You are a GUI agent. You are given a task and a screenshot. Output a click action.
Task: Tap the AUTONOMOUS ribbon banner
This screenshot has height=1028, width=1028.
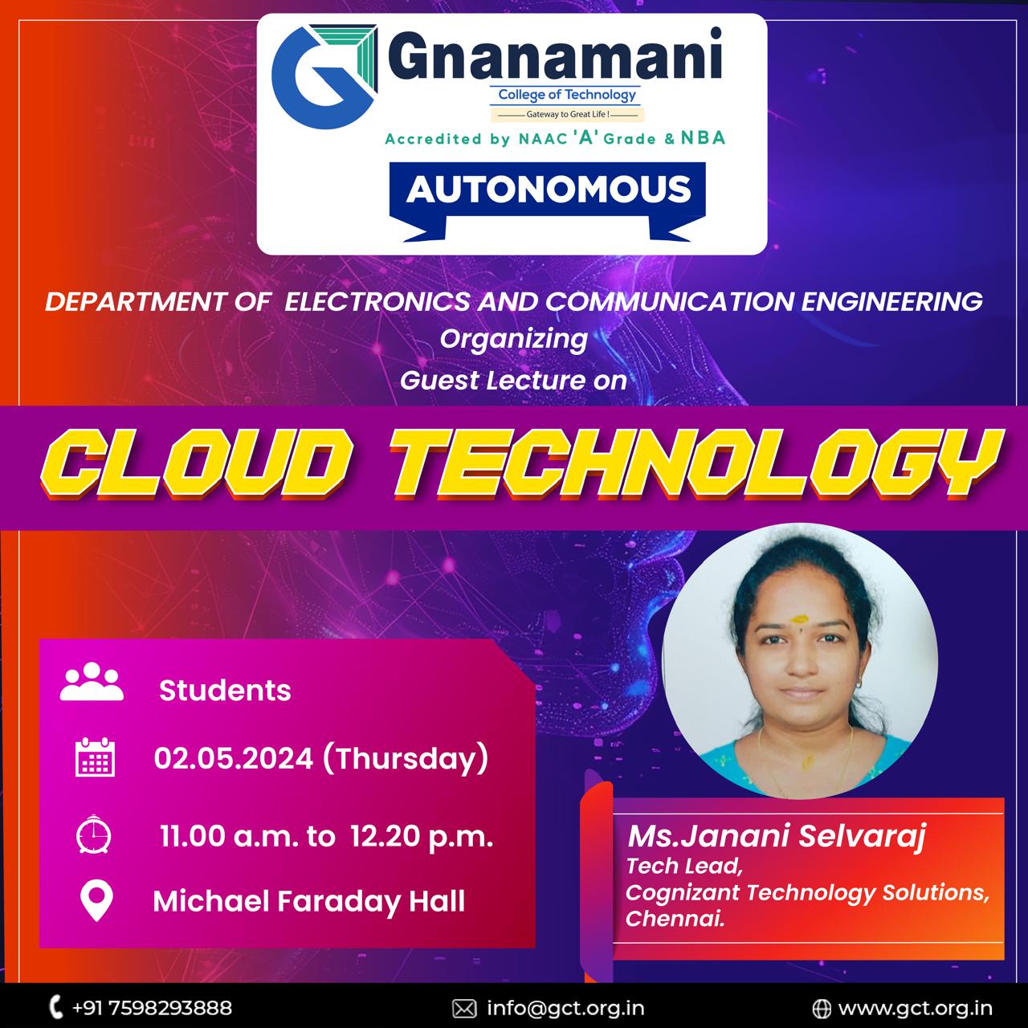tap(548, 201)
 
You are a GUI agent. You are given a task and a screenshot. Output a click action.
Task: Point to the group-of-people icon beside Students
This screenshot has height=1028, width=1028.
tap(92, 681)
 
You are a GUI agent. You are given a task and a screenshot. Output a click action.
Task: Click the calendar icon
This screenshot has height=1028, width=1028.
tap(95, 757)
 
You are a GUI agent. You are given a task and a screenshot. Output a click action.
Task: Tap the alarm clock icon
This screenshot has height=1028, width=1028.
tap(93, 834)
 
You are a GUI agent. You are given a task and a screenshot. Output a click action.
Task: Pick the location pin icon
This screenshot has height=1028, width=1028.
tap(96, 901)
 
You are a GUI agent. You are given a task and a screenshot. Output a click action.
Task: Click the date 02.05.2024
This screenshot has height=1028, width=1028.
tap(233, 758)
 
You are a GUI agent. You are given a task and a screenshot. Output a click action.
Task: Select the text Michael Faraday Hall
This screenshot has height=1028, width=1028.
tap(309, 902)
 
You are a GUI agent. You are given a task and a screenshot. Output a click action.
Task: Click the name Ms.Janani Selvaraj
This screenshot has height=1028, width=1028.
tap(776, 835)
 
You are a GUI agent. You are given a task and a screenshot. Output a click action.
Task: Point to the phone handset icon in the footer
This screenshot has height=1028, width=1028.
tap(55, 1007)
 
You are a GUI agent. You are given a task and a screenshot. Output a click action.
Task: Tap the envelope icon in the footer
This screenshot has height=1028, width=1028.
tap(464, 1008)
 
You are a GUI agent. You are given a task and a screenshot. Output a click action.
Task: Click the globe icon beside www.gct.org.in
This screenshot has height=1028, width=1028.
tap(822, 1008)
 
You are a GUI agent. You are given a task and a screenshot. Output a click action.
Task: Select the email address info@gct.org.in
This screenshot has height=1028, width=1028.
tap(565, 1008)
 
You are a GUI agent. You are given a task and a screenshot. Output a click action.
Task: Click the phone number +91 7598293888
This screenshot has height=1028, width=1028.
tap(152, 1008)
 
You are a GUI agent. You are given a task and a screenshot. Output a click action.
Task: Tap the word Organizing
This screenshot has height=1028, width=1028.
tap(514, 339)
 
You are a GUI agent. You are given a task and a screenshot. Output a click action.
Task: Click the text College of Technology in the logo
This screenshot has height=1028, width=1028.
tap(566, 95)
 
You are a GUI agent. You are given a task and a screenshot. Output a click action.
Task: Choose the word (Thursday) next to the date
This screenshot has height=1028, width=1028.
tap(405, 759)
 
